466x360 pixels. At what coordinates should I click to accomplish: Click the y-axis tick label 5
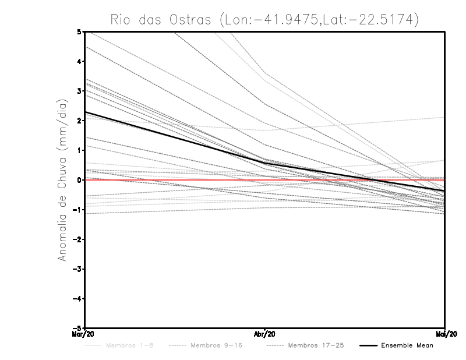[x=79, y=31]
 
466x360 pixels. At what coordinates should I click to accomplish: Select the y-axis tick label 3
[x=79, y=91]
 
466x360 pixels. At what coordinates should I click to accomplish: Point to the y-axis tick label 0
[x=79, y=180]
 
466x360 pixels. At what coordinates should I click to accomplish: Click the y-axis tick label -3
[x=77, y=269]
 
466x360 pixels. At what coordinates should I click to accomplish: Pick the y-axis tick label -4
[x=77, y=299]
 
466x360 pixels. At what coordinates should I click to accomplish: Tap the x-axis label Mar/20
[x=84, y=334]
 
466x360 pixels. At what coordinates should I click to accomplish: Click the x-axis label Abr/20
[x=265, y=334]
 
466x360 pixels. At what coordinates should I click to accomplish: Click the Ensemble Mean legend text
[x=407, y=345]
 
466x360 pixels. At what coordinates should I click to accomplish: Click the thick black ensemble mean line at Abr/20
[x=265, y=163]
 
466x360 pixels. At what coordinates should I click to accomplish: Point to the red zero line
[x=175, y=180]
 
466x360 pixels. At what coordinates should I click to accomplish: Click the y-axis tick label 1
[x=79, y=150]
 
